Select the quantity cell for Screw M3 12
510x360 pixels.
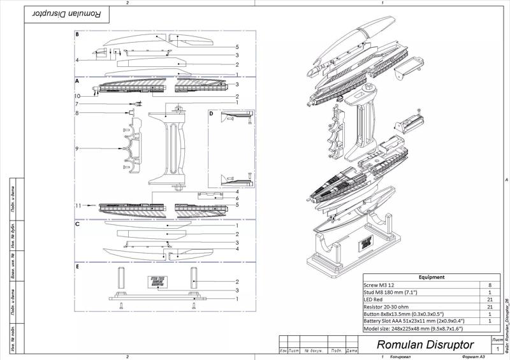point(489,285)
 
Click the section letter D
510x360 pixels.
point(212,113)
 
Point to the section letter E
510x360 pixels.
point(77,267)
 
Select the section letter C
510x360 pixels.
point(77,224)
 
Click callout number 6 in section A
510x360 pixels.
point(237,198)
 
